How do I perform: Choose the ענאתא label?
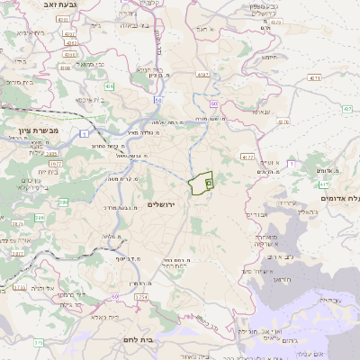coord(261,112)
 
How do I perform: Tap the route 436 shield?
coord(109,86)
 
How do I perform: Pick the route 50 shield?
coord(214,103)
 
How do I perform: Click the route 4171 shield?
coord(313,79)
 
